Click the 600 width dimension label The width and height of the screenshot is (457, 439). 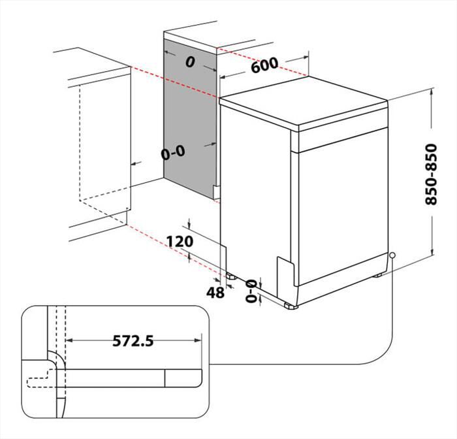[263, 65]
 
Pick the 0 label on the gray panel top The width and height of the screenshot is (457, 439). [190, 63]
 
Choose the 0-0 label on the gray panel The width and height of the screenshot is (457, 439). [174, 153]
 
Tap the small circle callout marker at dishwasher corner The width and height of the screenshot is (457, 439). [392, 255]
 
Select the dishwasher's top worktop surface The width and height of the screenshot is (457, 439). [304, 101]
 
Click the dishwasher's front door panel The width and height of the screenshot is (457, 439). [339, 209]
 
